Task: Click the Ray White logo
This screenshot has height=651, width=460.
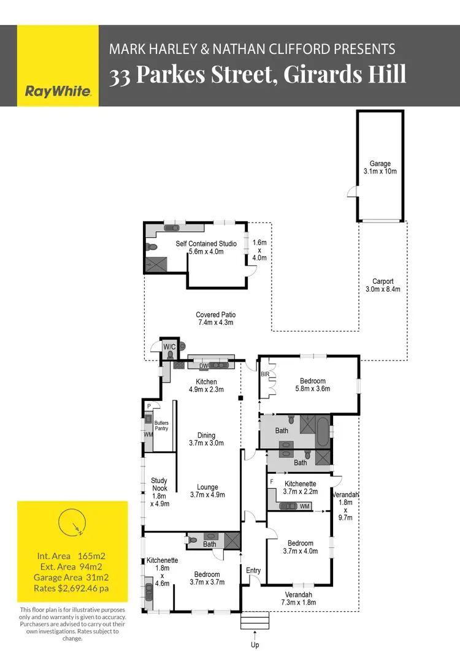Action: point(58,91)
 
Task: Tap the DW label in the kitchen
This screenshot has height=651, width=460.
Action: point(204,367)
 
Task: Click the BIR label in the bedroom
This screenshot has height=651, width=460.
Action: point(265,373)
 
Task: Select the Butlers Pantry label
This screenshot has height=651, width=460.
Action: point(161,425)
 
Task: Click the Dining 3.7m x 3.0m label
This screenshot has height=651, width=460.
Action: point(206,439)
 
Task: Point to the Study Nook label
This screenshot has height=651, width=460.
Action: point(159,492)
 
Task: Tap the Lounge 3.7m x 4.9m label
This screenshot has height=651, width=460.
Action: point(207,491)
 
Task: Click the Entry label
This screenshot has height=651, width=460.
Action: point(253,571)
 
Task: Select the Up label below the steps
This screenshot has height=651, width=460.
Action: point(255,644)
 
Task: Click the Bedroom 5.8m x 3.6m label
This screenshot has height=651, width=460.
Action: point(313,384)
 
